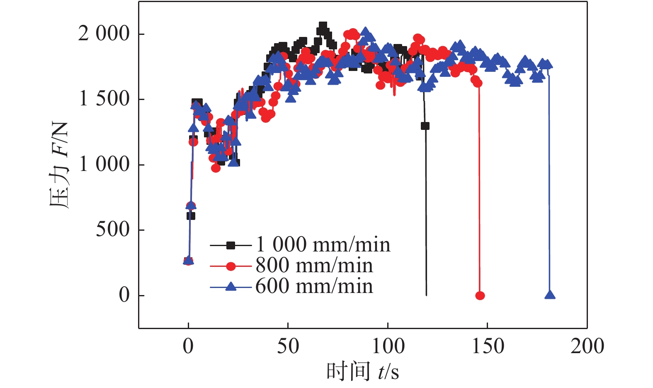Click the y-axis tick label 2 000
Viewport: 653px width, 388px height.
point(104,34)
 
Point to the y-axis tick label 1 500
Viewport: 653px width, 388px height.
point(104,99)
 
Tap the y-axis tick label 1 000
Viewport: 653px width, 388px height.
point(104,165)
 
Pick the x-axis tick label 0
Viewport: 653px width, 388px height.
point(188,346)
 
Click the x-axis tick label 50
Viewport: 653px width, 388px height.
point(288,346)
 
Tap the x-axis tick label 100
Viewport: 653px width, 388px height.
point(388,346)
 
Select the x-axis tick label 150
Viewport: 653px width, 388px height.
point(488,346)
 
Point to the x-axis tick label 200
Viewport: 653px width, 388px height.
point(587,346)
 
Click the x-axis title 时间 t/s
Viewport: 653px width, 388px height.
point(363,371)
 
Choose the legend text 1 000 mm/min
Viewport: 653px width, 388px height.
point(323,245)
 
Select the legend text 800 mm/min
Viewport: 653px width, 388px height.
point(314,266)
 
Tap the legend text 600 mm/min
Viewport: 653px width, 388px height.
point(314,286)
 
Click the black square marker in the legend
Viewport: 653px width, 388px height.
point(231,245)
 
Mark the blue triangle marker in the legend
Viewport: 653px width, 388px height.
point(231,286)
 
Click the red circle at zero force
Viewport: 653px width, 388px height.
point(480,295)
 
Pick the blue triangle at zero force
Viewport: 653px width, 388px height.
point(550,295)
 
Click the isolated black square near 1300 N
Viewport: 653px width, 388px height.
point(425,126)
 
